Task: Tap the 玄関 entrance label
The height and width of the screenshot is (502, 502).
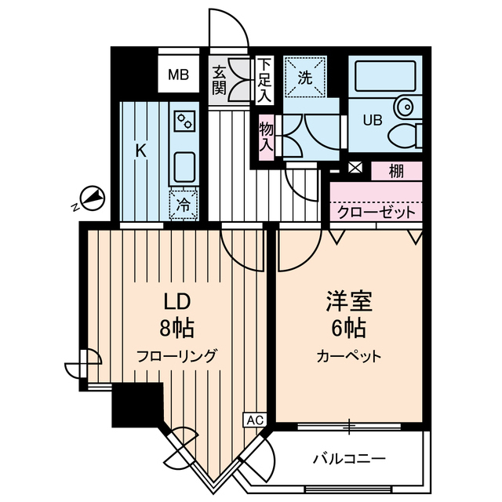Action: (219, 79)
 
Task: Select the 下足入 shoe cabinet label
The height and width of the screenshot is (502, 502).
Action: (264, 79)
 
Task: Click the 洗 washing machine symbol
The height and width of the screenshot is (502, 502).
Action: (305, 77)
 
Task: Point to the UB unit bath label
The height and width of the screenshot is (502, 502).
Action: (372, 121)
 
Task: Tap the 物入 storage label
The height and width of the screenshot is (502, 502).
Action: (266, 135)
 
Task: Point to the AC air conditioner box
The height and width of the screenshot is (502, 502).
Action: (256, 420)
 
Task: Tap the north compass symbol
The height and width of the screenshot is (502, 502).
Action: (91, 199)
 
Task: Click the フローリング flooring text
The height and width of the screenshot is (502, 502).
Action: (177, 355)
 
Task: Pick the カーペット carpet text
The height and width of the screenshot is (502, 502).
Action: (349, 355)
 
